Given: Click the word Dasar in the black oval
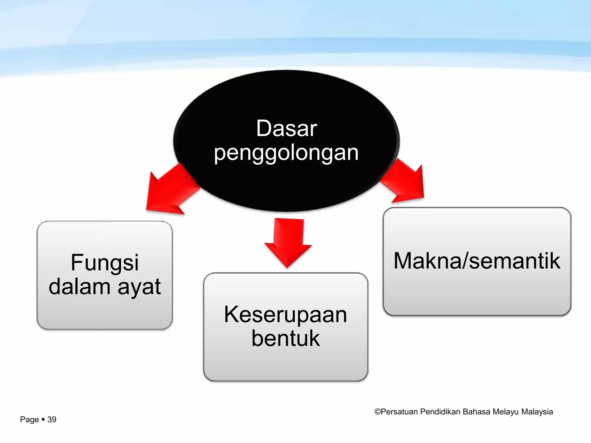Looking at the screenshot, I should pyautogui.click(x=287, y=128).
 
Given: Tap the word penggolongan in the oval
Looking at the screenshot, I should pyautogui.click(x=286, y=153).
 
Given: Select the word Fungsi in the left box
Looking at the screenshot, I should pyautogui.click(x=105, y=263).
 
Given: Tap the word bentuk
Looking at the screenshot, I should pyautogui.click(x=285, y=338).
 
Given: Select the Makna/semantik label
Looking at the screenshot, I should pyautogui.click(x=477, y=261).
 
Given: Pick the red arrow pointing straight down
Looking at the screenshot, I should pyautogui.click(x=288, y=242).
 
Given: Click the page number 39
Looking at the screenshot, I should pyautogui.click(x=52, y=420).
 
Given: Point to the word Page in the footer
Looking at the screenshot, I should pyautogui.click(x=29, y=420).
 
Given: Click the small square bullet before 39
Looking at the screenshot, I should pyautogui.click(x=43, y=419).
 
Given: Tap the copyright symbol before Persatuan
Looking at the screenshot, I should pyautogui.click(x=377, y=412).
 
